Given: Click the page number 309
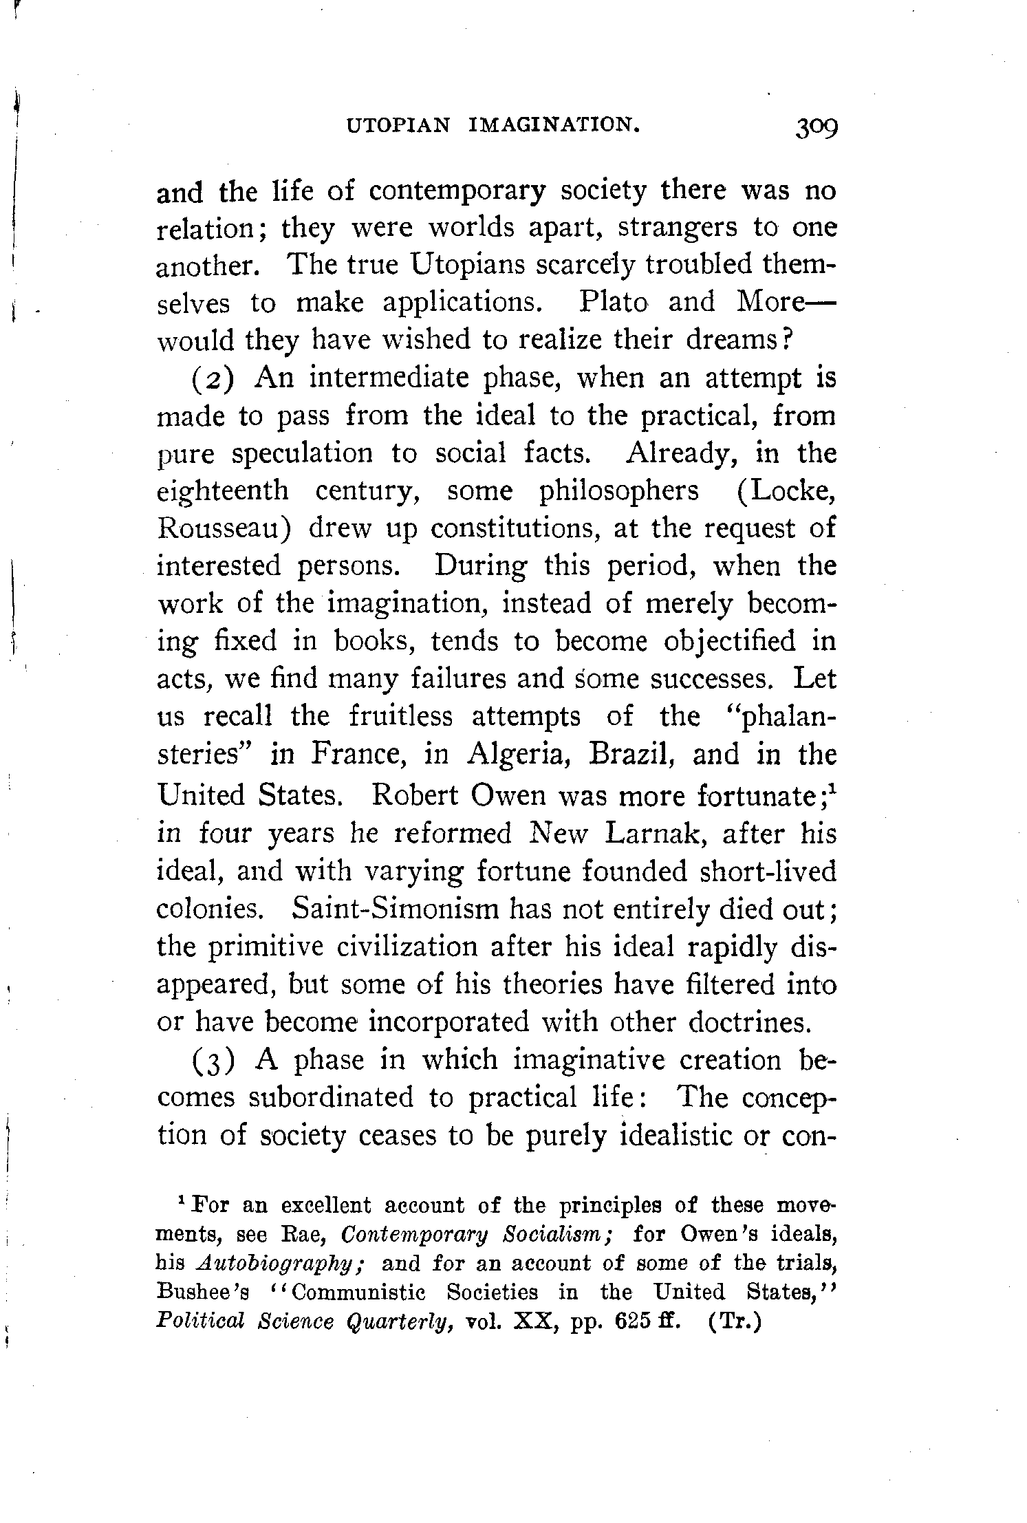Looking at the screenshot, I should (816, 127).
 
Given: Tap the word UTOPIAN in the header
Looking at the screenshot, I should (399, 125).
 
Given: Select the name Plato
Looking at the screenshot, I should (614, 302).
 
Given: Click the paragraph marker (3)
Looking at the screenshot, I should (215, 1061).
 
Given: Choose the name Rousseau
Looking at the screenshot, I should (226, 529).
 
